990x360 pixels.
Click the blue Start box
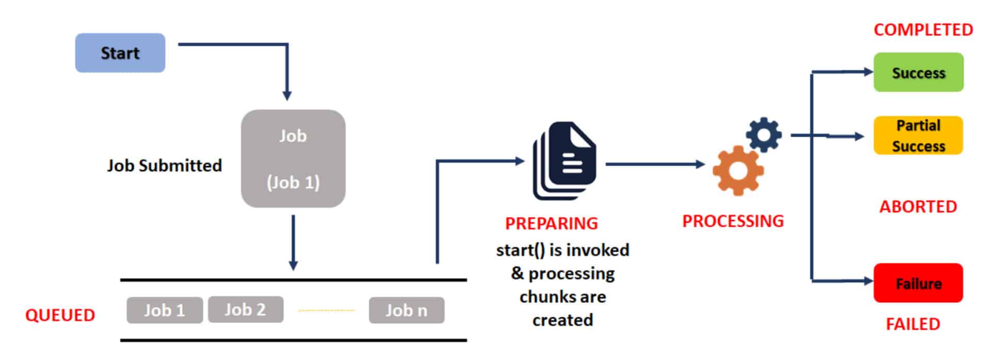pyautogui.click(x=120, y=53)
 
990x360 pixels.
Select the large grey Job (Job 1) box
pyautogui.click(x=293, y=158)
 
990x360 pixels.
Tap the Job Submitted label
pyautogui.click(x=164, y=166)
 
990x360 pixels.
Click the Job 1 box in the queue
pyautogui.click(x=164, y=310)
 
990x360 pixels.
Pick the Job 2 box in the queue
pyautogui.click(x=245, y=309)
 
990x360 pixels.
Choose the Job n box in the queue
pyautogui.click(x=406, y=310)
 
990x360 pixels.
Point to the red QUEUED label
pyautogui.click(x=60, y=315)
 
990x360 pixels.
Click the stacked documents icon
pyautogui.click(x=564, y=160)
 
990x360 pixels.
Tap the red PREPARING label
pyautogui.click(x=551, y=223)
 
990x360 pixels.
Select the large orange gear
pyautogui.click(x=738, y=171)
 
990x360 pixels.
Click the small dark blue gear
pyautogui.click(x=764, y=135)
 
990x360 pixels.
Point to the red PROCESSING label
pyautogui.click(x=733, y=221)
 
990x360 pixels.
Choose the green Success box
pyautogui.click(x=918, y=73)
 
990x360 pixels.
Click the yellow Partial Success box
pyautogui.click(x=918, y=136)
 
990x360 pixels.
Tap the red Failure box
pyautogui.click(x=918, y=283)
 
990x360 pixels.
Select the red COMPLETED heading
pyautogui.click(x=923, y=30)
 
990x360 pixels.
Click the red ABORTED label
pyautogui.click(x=918, y=207)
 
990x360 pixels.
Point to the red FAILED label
pyautogui.click(x=913, y=324)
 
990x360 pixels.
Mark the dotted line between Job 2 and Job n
pyautogui.click(x=326, y=310)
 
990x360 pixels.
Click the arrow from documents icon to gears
pyautogui.click(x=655, y=165)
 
